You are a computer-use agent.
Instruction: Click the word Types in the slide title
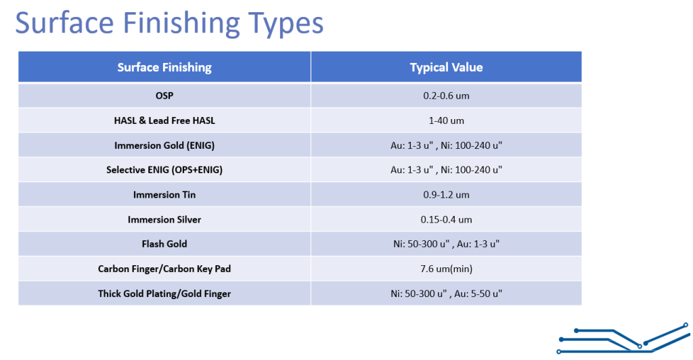click(x=286, y=24)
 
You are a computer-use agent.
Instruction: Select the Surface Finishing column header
click(x=164, y=67)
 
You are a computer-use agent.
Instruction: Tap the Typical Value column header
click(x=447, y=67)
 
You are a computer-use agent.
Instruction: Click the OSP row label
click(x=164, y=95)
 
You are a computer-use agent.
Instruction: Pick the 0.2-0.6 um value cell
click(x=447, y=95)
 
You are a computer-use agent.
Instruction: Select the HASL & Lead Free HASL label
click(x=164, y=120)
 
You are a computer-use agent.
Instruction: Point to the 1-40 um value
click(x=447, y=120)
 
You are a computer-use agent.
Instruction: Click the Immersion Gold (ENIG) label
click(x=164, y=145)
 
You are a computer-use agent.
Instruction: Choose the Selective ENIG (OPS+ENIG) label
click(x=164, y=170)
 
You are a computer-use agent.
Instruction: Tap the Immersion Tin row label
click(x=164, y=195)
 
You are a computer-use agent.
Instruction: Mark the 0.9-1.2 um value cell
click(x=447, y=195)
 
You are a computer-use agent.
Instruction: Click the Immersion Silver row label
click(x=164, y=219)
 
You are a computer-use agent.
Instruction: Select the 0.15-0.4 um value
click(x=447, y=219)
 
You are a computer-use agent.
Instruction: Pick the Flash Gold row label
click(x=164, y=244)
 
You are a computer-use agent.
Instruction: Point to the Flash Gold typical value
click(x=447, y=244)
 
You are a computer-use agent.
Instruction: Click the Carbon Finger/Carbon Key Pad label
click(x=164, y=269)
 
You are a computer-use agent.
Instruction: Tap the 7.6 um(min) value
click(x=447, y=269)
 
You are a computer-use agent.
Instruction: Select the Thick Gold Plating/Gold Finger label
click(x=164, y=294)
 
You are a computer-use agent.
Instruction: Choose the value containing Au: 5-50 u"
click(x=447, y=294)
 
